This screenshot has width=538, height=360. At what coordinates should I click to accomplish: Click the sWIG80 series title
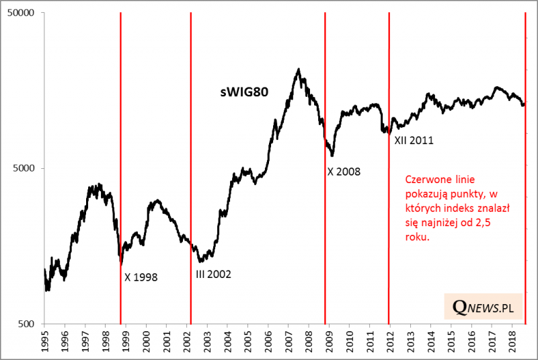(x=245, y=93)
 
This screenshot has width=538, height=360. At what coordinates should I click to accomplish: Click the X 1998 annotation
(x=141, y=276)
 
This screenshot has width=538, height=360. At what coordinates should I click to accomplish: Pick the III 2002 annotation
(x=213, y=275)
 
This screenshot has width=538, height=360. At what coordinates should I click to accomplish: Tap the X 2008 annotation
(x=344, y=172)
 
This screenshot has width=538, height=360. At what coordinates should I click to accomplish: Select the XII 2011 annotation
(x=412, y=141)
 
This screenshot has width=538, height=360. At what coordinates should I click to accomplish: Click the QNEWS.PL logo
(x=484, y=308)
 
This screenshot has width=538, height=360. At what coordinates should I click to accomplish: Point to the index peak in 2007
(x=298, y=69)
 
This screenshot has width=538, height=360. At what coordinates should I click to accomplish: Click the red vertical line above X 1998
(x=120, y=135)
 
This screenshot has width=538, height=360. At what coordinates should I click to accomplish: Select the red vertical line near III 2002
(x=191, y=135)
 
